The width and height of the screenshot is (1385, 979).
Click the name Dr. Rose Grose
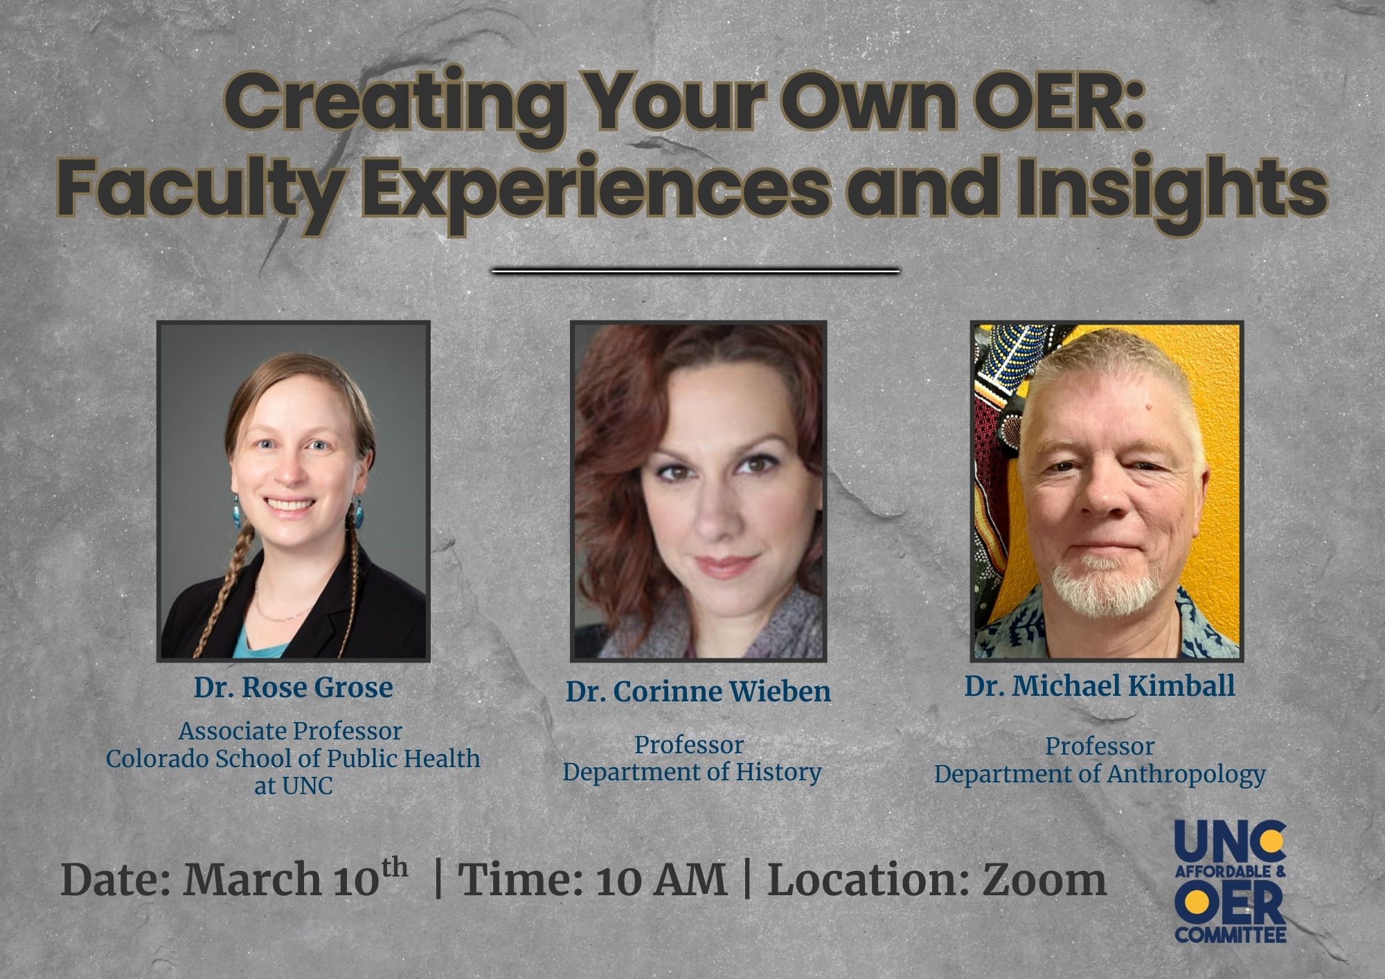click(x=293, y=688)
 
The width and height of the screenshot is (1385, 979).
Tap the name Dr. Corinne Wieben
click(x=698, y=692)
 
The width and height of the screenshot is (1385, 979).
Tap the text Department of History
click(x=692, y=772)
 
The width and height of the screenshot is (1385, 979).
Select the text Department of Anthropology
click(x=1100, y=774)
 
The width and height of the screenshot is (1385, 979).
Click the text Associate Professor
click(x=290, y=731)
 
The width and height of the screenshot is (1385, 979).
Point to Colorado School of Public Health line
click(x=293, y=759)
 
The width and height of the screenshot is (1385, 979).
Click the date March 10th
click(x=295, y=879)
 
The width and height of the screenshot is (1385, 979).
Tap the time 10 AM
click(x=661, y=881)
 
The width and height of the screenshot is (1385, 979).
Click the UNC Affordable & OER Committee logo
click(x=1230, y=881)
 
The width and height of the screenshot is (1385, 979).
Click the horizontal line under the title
click(x=695, y=271)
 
